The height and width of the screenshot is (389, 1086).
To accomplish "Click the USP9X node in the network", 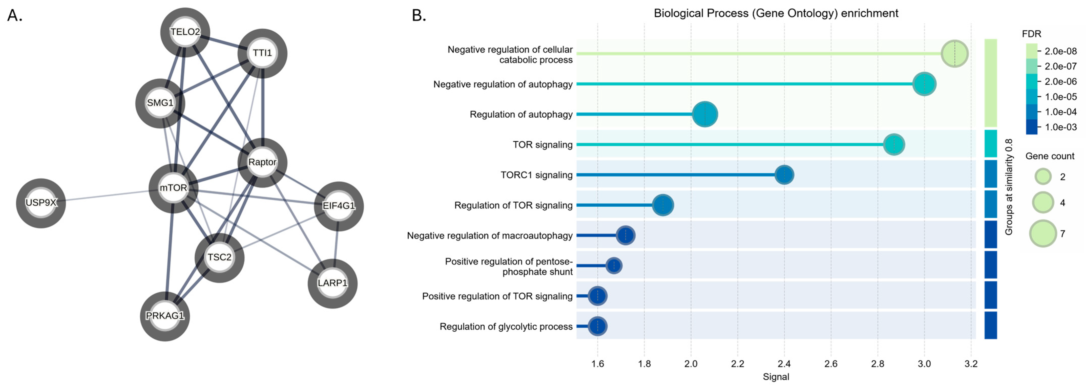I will [41, 203].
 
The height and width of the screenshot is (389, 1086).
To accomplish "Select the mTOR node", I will [173, 188].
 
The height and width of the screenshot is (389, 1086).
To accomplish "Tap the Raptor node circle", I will [262, 162].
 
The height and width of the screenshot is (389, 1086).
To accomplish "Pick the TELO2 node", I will [185, 32].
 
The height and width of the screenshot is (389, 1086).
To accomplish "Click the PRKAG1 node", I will [165, 316].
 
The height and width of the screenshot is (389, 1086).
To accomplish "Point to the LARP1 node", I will [333, 283].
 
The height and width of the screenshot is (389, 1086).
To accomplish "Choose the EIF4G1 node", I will [339, 206].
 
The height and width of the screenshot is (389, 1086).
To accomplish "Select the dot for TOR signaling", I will [894, 145].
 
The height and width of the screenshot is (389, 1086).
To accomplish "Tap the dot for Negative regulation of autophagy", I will [924, 84].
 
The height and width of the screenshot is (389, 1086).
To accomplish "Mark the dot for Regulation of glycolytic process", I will [597, 326].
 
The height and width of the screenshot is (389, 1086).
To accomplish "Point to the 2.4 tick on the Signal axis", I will [784, 364].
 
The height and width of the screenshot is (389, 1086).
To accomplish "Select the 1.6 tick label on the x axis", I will [597, 364].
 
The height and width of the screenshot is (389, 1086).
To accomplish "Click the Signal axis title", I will [776, 377].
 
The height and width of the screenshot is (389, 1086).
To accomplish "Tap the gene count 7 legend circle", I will [1042, 233].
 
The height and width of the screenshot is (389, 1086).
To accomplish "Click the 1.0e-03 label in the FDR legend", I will [1061, 127].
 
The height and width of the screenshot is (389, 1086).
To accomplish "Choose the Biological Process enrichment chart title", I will [776, 13].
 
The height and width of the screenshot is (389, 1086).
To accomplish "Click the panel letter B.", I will [419, 16].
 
